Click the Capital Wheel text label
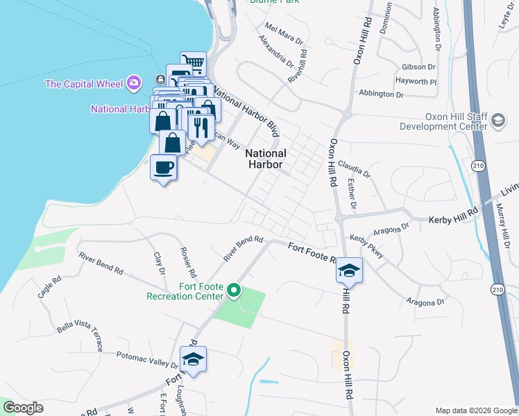pyautogui.click(x=84, y=84)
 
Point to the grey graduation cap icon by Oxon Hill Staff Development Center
pyautogui.click(x=497, y=121)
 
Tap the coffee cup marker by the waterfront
pyautogui.click(x=164, y=168)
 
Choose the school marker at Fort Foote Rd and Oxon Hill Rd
pyautogui.click(x=350, y=270)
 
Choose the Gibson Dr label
pyautogui.click(x=418, y=67)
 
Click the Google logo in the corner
pyautogui.click(x=24, y=408)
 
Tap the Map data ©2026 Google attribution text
pyautogui.click(x=475, y=410)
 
